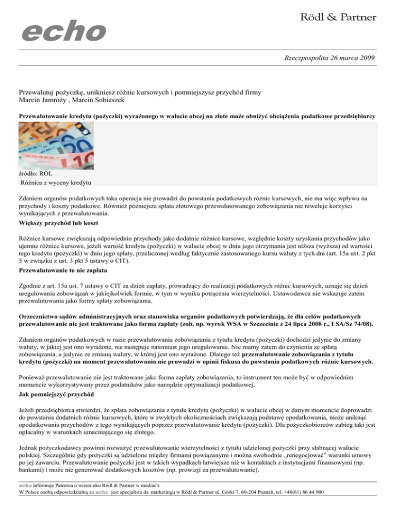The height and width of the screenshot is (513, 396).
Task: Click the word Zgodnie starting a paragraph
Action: [30, 283]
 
